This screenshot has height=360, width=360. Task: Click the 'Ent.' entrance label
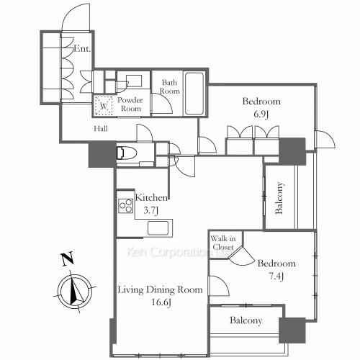[81, 50]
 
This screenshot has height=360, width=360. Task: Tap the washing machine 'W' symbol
[104, 106]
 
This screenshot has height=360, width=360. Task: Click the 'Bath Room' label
[169, 87]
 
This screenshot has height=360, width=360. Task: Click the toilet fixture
[127, 153]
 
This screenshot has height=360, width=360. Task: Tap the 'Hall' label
[102, 130]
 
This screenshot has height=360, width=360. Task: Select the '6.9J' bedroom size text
[261, 114]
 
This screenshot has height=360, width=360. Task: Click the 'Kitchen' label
[152, 197]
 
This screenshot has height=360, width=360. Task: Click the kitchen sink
[158, 228]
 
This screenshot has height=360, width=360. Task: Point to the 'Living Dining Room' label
[160, 289]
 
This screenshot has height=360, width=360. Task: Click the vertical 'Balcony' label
[279, 197]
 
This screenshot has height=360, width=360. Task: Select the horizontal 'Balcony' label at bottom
[246, 321]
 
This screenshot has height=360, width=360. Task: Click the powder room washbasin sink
[132, 81]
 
